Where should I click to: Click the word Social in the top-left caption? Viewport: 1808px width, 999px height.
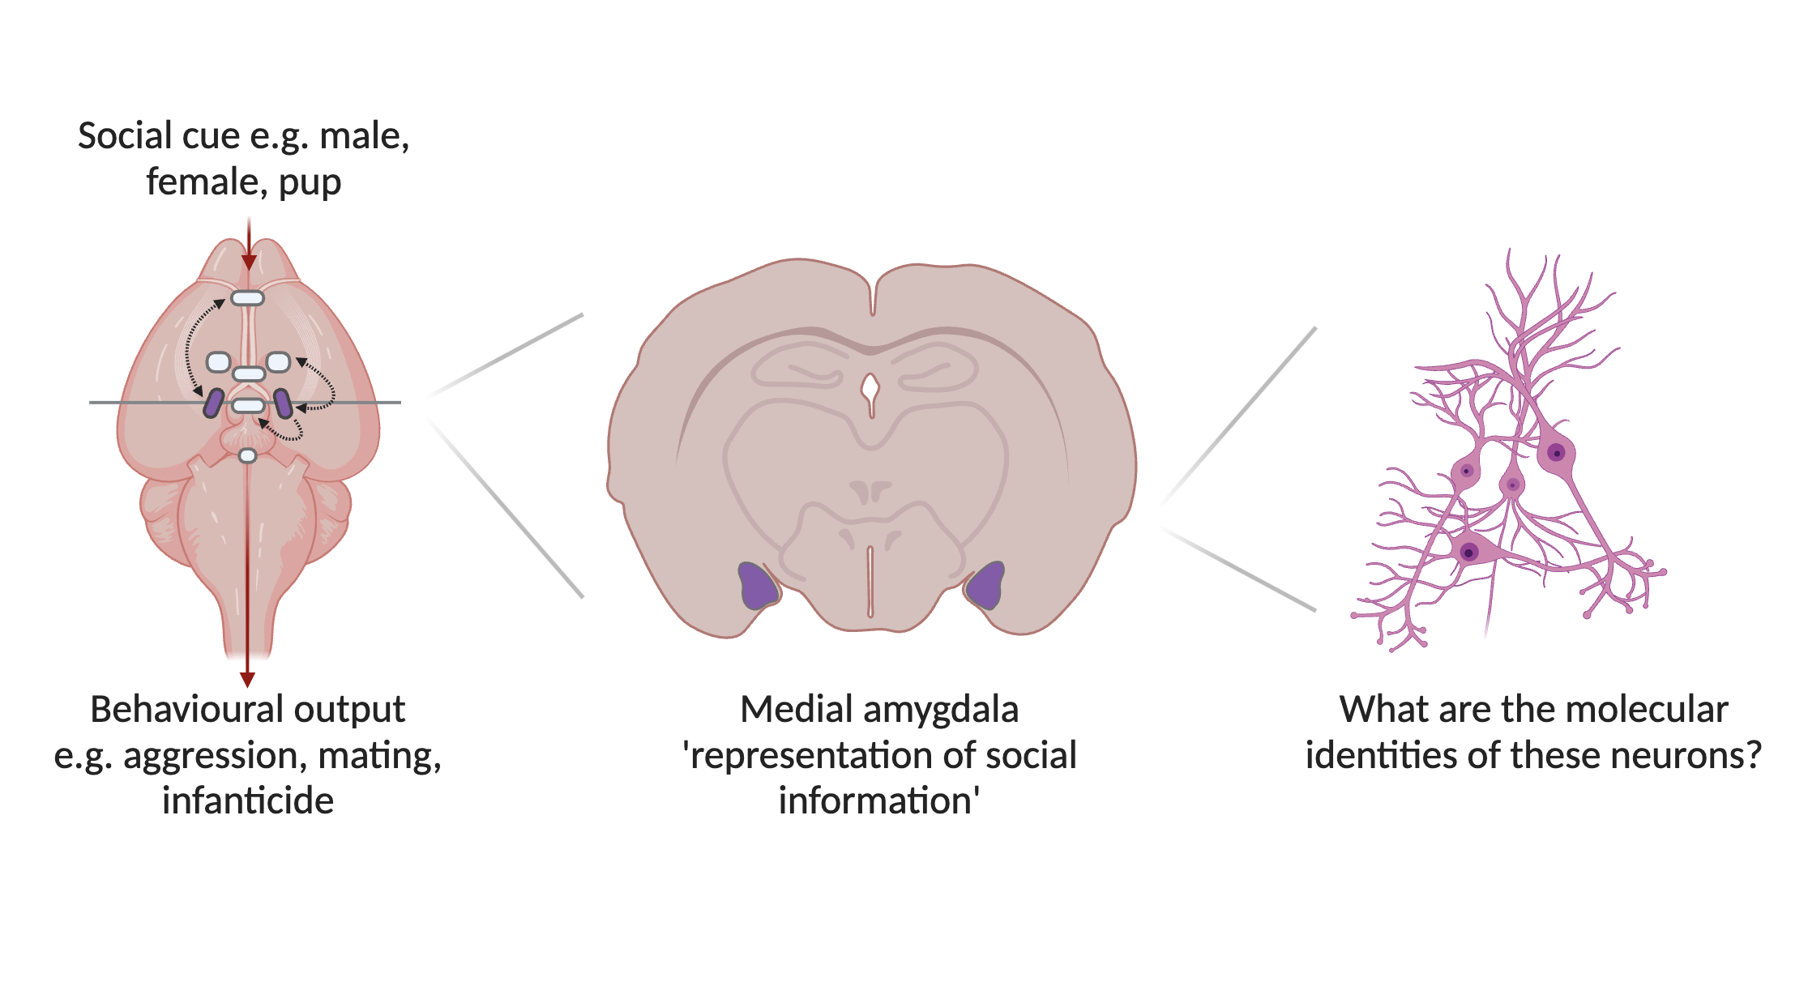click(126, 135)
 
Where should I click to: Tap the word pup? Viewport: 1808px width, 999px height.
click(310, 182)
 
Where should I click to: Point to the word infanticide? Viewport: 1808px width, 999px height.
click(248, 800)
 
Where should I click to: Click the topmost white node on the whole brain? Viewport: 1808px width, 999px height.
click(247, 298)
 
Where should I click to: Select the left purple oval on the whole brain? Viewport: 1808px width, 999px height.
click(214, 403)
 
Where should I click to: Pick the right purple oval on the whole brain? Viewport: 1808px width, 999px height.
click(283, 403)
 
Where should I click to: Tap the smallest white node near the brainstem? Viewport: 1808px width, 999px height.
click(248, 456)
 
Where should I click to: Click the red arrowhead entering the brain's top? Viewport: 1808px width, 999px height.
click(249, 262)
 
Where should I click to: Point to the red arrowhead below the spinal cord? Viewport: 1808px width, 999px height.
click(248, 679)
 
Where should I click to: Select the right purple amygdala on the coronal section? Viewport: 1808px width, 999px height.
click(986, 586)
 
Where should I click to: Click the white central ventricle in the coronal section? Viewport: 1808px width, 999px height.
click(870, 390)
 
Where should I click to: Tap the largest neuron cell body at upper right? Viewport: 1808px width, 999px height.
click(1555, 452)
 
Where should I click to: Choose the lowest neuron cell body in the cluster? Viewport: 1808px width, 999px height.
click(1468, 553)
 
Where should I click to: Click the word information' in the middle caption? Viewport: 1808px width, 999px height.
click(879, 800)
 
